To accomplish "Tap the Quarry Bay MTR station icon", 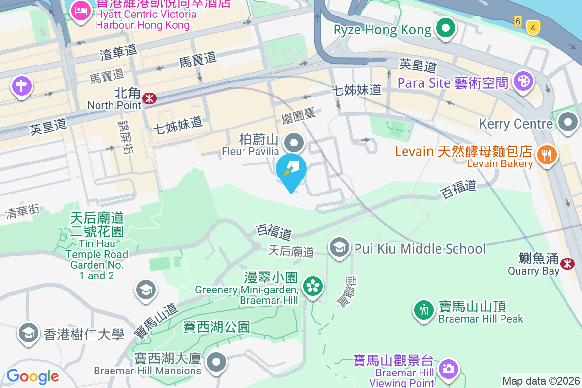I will pyautogui.click(x=567, y=263).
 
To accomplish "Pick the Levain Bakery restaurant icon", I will pyautogui.click(x=547, y=155).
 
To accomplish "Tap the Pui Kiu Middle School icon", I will pyautogui.click(x=339, y=247).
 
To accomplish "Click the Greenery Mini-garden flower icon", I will pyautogui.click(x=313, y=286).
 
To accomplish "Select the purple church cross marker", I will pyautogui.click(x=21, y=86).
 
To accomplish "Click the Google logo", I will pyautogui.click(x=32, y=376).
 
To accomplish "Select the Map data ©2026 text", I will pyautogui.click(x=541, y=381).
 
